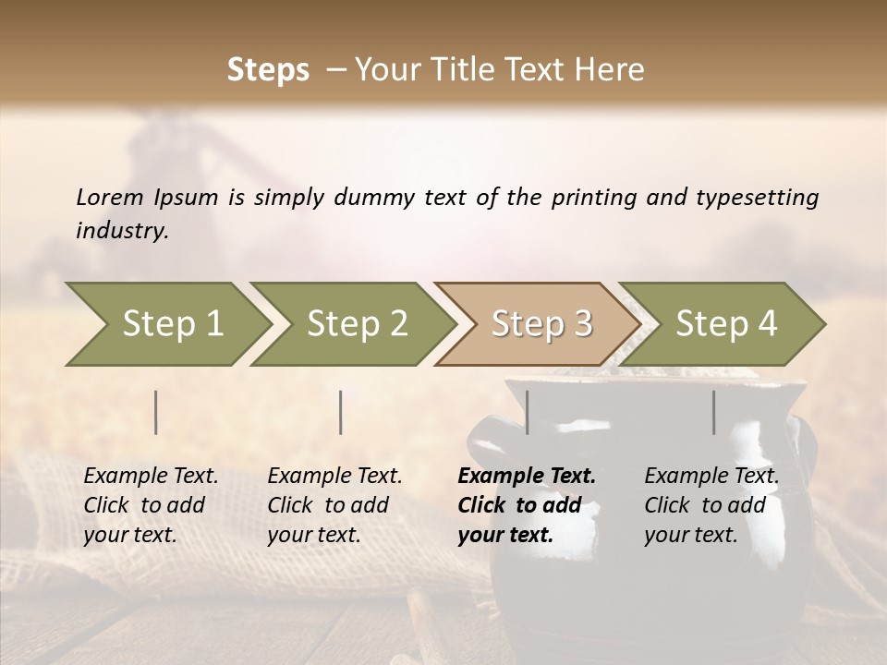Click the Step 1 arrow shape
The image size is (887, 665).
pyautogui.click(x=166, y=324)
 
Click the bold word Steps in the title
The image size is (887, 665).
pyautogui.click(x=268, y=70)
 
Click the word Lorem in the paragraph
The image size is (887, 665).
pyautogui.click(x=109, y=197)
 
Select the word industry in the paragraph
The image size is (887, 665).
pyautogui.click(x=121, y=231)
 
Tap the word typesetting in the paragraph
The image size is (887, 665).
pyautogui.click(x=757, y=197)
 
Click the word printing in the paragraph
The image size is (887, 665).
pyautogui.click(x=595, y=197)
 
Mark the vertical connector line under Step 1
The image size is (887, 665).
pyautogui.click(x=156, y=412)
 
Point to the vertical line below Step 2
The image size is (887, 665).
pyautogui.click(x=341, y=412)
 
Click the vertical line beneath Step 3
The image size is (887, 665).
pyautogui.click(x=527, y=412)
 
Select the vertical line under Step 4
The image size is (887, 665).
pyautogui.click(x=713, y=412)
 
